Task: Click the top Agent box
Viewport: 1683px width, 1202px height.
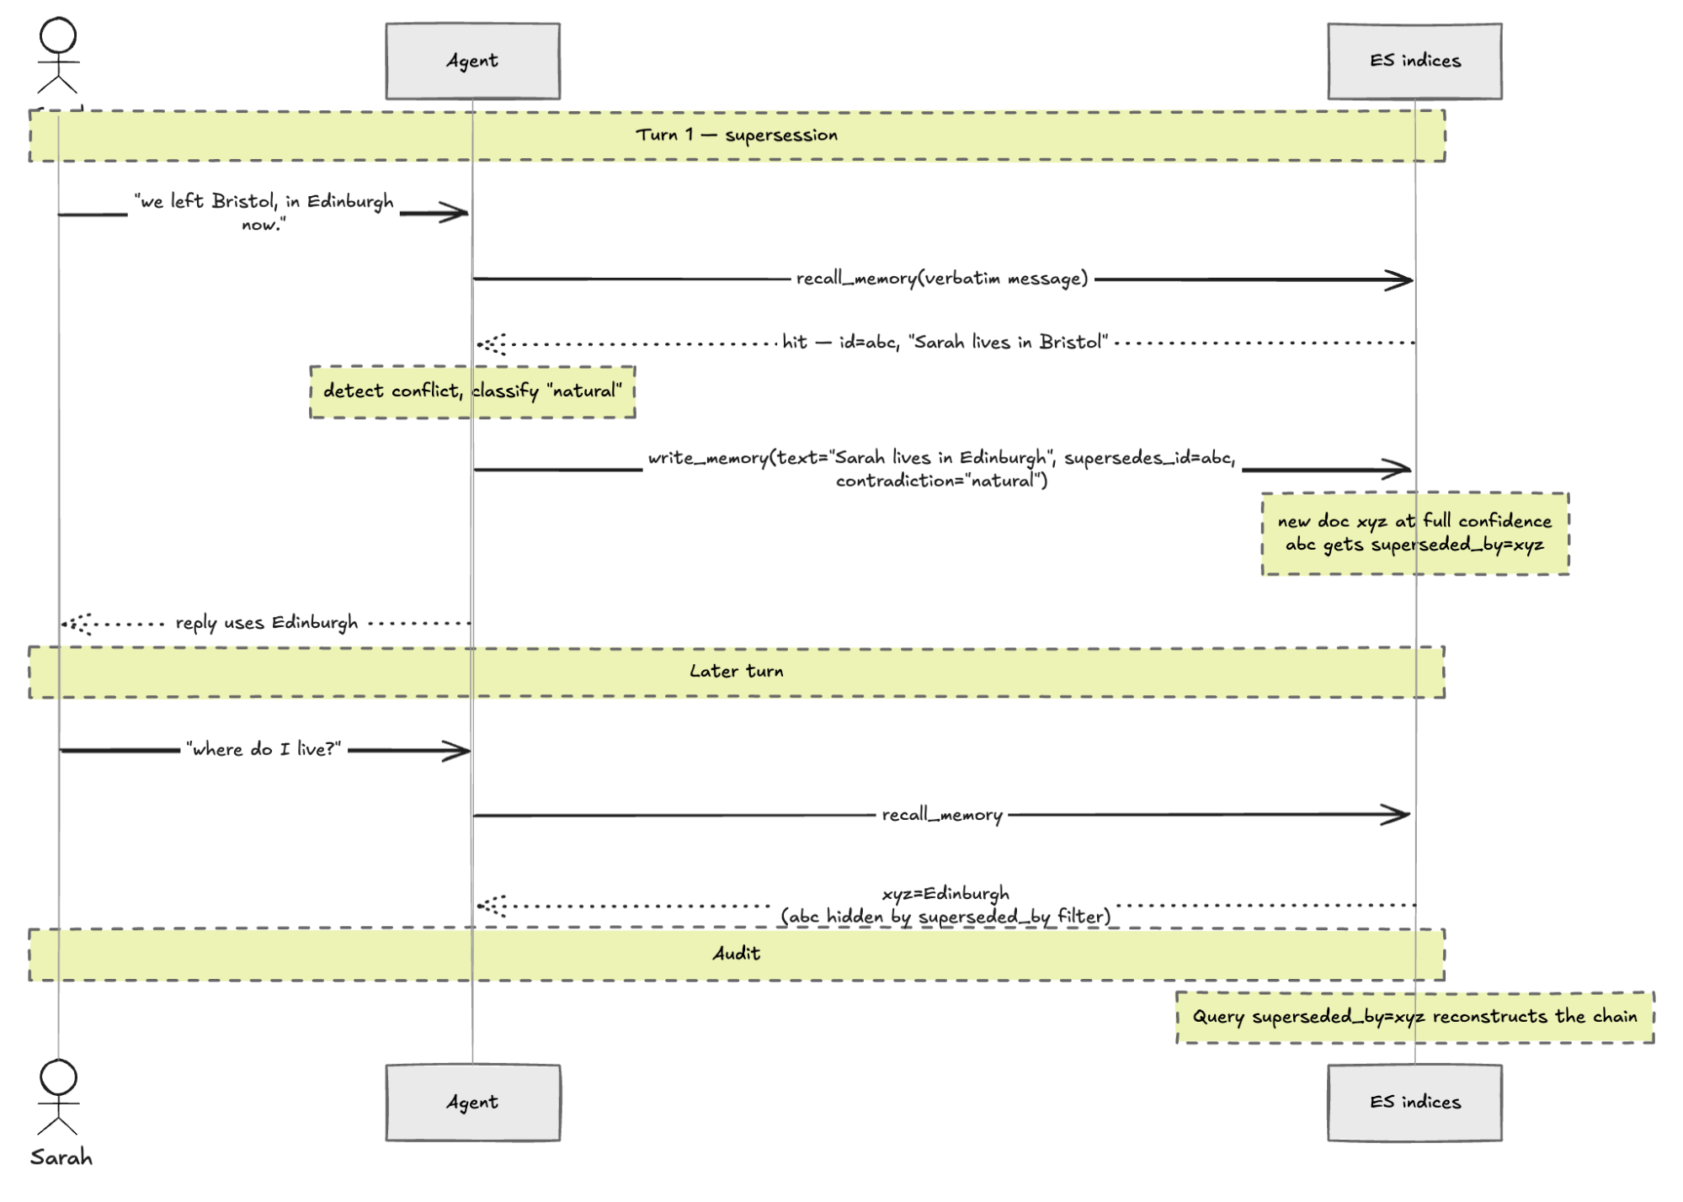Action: click(x=472, y=61)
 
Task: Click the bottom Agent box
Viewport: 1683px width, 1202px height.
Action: click(x=472, y=1103)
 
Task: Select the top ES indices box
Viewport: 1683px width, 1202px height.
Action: click(x=1414, y=61)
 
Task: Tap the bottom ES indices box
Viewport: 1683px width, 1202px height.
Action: click(x=1414, y=1103)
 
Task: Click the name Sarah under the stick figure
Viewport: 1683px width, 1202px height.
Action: click(x=61, y=1158)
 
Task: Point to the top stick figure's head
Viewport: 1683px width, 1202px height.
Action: click(x=58, y=36)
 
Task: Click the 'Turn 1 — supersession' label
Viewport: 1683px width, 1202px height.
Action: click(x=737, y=135)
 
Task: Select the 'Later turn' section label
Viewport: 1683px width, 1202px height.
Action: click(x=737, y=671)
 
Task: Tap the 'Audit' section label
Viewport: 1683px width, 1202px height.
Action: click(x=737, y=953)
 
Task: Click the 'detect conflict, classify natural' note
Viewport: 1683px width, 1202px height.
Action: click(x=472, y=391)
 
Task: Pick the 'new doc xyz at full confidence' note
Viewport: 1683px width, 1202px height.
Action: click(x=1414, y=534)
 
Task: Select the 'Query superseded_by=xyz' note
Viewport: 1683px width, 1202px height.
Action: click(x=1414, y=1017)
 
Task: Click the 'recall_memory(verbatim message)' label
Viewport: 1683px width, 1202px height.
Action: click(x=942, y=279)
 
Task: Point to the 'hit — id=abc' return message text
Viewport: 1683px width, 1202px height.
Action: click(x=945, y=342)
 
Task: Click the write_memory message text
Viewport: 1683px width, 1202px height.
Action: click(x=942, y=469)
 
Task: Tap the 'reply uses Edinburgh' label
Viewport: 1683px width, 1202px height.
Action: click(x=267, y=623)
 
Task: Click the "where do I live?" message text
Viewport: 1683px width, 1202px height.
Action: click(x=264, y=749)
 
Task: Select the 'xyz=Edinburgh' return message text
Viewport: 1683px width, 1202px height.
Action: click(x=945, y=905)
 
